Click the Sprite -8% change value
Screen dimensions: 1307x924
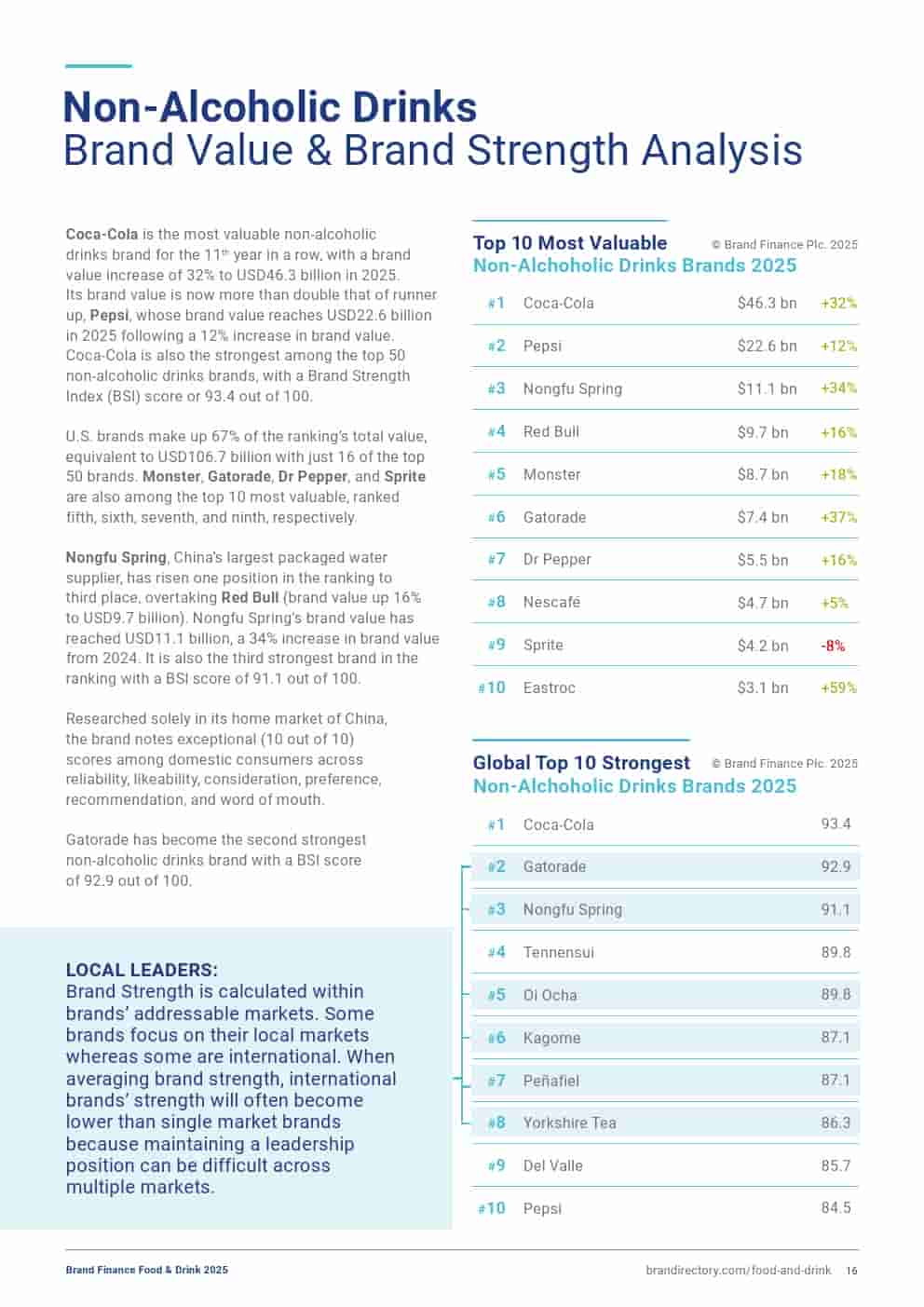833,646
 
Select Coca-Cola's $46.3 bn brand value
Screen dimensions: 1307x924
767,303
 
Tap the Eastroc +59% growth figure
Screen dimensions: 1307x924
838,688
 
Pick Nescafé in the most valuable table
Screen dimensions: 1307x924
551,603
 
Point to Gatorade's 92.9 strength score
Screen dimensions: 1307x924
836,866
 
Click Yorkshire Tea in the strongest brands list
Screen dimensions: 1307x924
569,1123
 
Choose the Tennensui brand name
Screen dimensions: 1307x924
558,952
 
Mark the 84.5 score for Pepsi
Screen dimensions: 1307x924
836,1207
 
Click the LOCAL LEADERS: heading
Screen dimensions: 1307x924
142,970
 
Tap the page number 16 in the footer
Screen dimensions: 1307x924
851,1270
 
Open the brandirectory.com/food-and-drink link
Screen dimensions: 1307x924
738,1270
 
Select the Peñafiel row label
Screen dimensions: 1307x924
550,1081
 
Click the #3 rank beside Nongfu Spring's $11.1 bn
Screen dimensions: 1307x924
496,388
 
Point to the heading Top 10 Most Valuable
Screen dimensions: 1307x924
569,243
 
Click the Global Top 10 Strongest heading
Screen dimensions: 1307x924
581,763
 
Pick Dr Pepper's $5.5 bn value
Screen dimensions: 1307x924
763,560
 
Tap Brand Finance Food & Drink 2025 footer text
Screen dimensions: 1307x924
146,1270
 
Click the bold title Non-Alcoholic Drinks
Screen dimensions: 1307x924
269,107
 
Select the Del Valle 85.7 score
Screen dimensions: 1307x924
836,1165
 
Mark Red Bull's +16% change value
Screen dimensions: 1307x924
838,432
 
